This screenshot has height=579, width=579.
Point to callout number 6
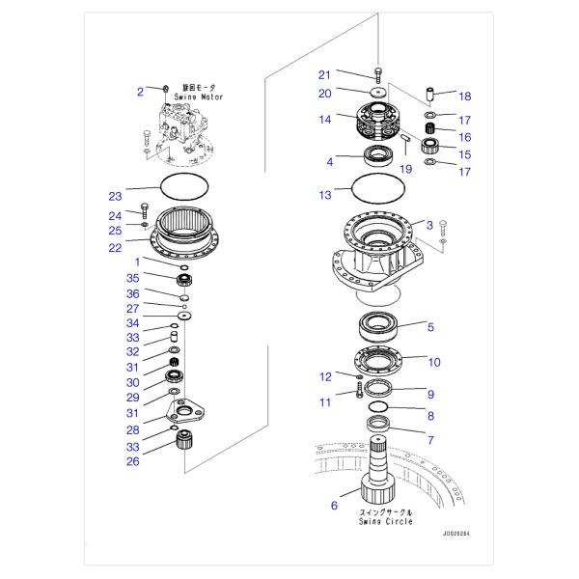pyautogui.click(x=334, y=504)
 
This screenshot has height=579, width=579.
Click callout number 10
pyautogui.click(x=433, y=362)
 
